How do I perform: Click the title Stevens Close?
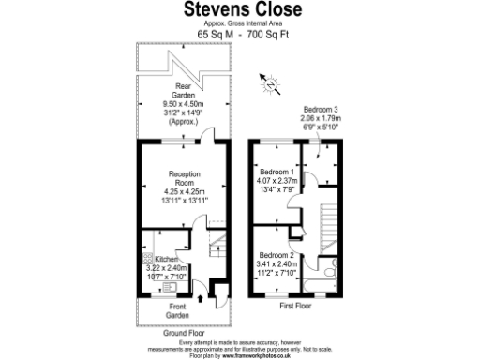239,11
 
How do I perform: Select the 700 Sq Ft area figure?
263,34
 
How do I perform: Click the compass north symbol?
272,86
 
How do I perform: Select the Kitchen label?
166,257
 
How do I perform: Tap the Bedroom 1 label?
277,172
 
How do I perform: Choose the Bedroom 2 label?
277,255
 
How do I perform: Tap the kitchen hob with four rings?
146,257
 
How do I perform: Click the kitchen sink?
147,286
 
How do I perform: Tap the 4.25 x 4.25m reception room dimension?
184,192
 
